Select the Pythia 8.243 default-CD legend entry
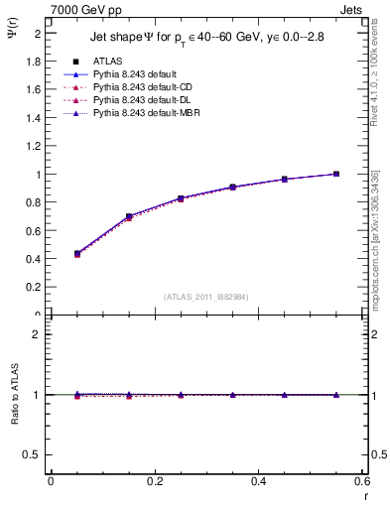coord(135,87)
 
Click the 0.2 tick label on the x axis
coord(154,481)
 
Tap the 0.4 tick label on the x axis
coord(258,481)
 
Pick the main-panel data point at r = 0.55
coord(336,174)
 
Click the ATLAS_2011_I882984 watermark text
coord(206,297)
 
